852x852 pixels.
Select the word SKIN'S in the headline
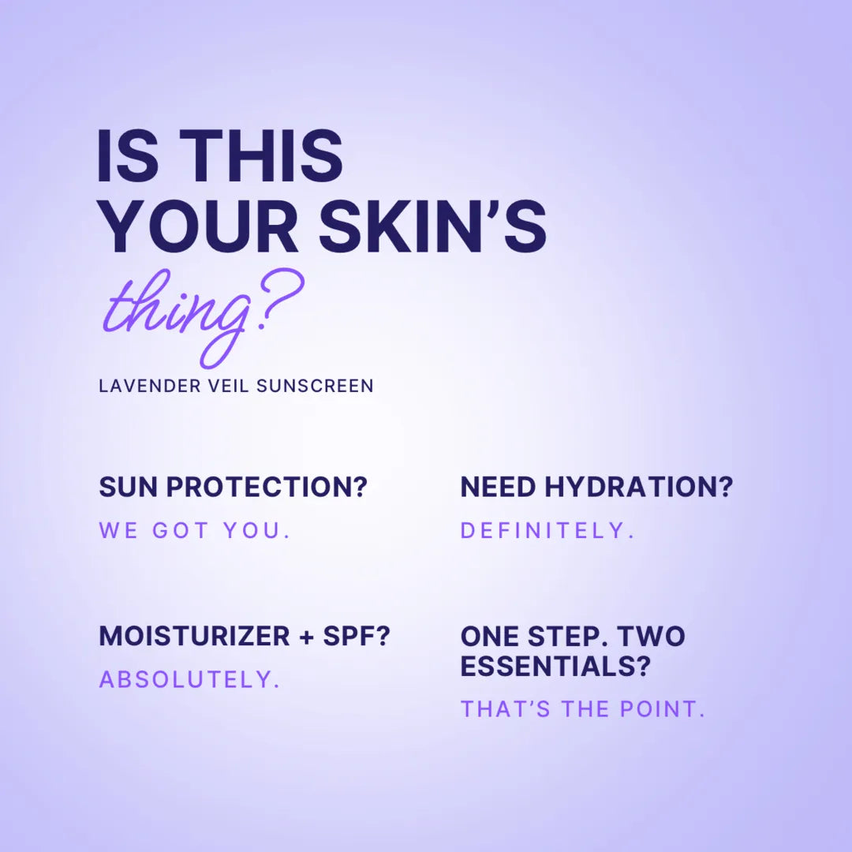(432, 226)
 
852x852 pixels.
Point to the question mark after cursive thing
(280, 299)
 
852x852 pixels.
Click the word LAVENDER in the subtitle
(150, 386)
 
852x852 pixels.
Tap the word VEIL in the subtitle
(228, 386)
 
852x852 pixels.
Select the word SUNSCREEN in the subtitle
(315, 386)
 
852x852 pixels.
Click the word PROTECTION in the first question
(267, 486)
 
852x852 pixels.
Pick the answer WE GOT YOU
(195, 530)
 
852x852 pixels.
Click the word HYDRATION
(638, 486)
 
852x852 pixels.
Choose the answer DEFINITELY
(547, 530)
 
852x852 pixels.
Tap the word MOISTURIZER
(195, 636)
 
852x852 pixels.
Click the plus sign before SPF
(307, 637)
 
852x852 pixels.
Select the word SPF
(357, 636)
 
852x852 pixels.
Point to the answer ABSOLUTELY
(189, 680)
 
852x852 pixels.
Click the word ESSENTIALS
(555, 666)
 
